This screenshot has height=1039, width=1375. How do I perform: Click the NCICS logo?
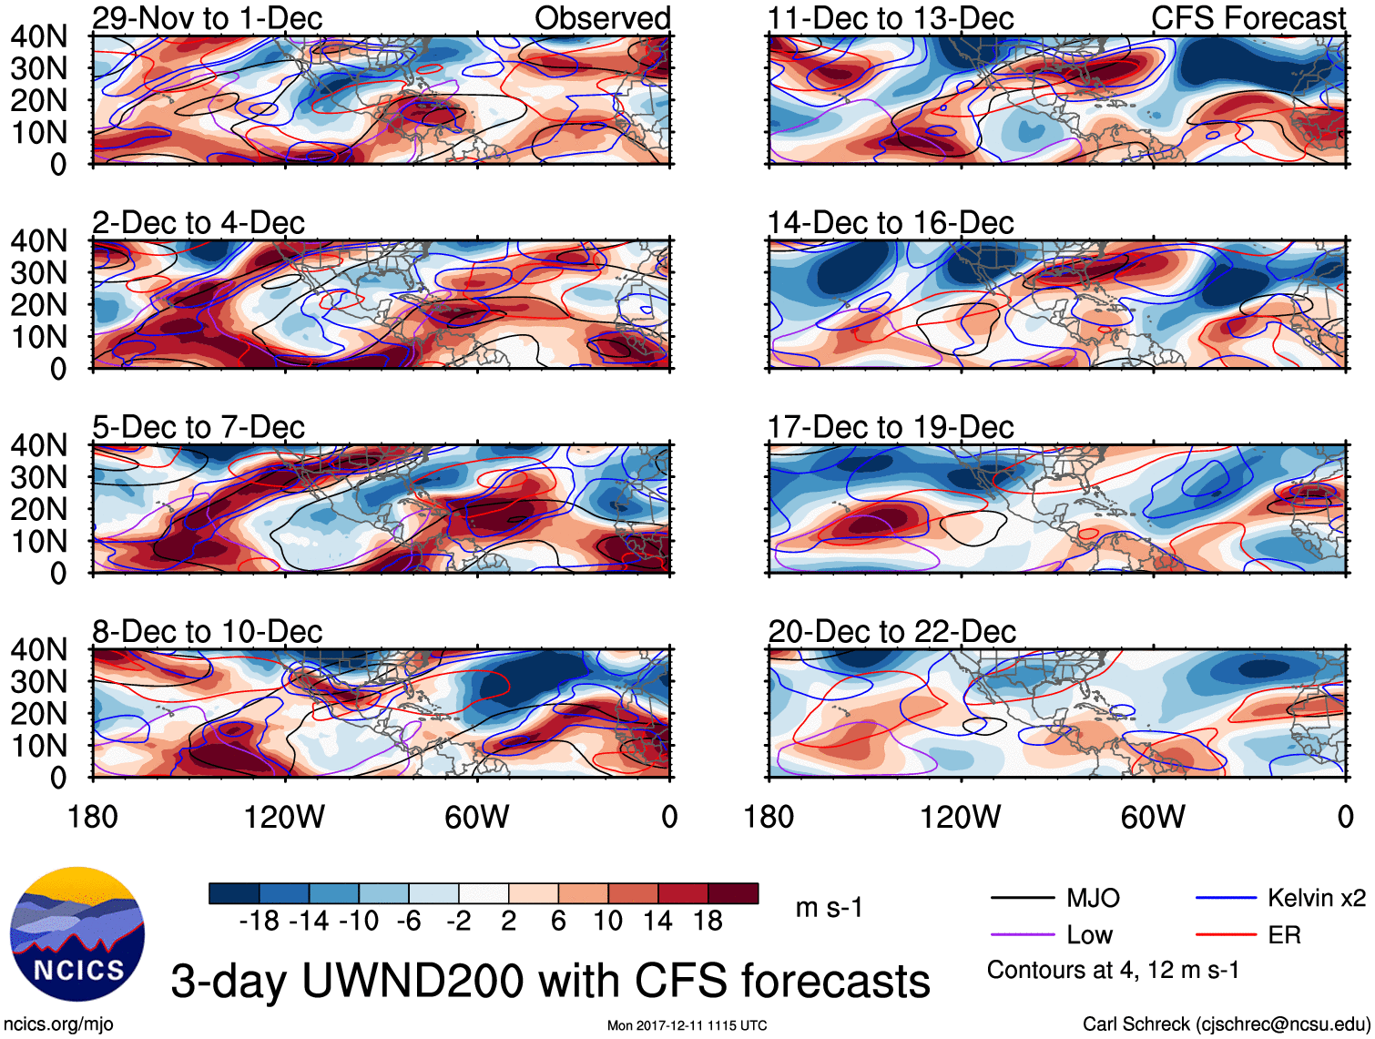pyautogui.click(x=77, y=933)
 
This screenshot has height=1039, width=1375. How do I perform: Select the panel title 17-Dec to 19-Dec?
pyautogui.click(x=890, y=427)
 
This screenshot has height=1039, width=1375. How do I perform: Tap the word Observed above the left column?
pyautogui.click(x=602, y=18)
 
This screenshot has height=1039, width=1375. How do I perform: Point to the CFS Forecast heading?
pyautogui.click(x=1248, y=18)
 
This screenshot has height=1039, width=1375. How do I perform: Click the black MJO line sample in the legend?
pyautogui.click(x=1022, y=899)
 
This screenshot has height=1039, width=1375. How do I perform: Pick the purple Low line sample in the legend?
pyautogui.click(x=1022, y=935)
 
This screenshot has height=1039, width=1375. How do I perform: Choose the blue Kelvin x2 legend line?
pyautogui.click(x=1226, y=899)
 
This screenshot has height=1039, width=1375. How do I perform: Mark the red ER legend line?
pyautogui.click(x=1226, y=935)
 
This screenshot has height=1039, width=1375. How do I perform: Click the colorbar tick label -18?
pyautogui.click(x=260, y=922)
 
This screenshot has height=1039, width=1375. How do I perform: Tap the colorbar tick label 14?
pyautogui.click(x=657, y=922)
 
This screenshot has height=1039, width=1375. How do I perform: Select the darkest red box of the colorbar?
pyautogui.click(x=733, y=893)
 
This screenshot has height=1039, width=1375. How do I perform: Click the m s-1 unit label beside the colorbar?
pyautogui.click(x=829, y=908)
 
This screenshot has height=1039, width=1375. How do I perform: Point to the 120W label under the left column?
pyautogui.click(x=284, y=817)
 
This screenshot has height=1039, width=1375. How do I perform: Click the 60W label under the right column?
pyautogui.click(x=1153, y=817)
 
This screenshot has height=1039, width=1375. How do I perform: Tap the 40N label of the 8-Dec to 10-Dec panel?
pyautogui.click(x=38, y=650)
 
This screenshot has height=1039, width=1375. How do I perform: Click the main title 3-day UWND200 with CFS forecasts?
pyautogui.click(x=550, y=981)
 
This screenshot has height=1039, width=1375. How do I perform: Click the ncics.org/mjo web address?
pyautogui.click(x=58, y=1024)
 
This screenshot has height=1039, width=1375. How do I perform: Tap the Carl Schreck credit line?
pyautogui.click(x=1225, y=1024)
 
